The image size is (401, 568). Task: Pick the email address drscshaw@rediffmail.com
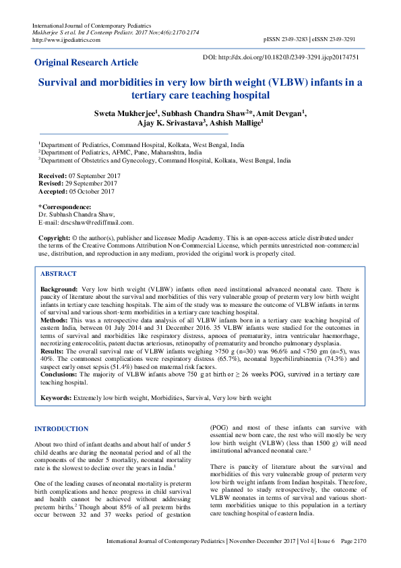98,222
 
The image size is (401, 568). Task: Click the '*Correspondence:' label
64,206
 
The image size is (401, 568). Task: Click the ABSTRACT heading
59,275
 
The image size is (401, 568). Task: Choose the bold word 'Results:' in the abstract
53,351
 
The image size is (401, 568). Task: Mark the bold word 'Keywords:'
56,399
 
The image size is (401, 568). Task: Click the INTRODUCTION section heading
61,429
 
